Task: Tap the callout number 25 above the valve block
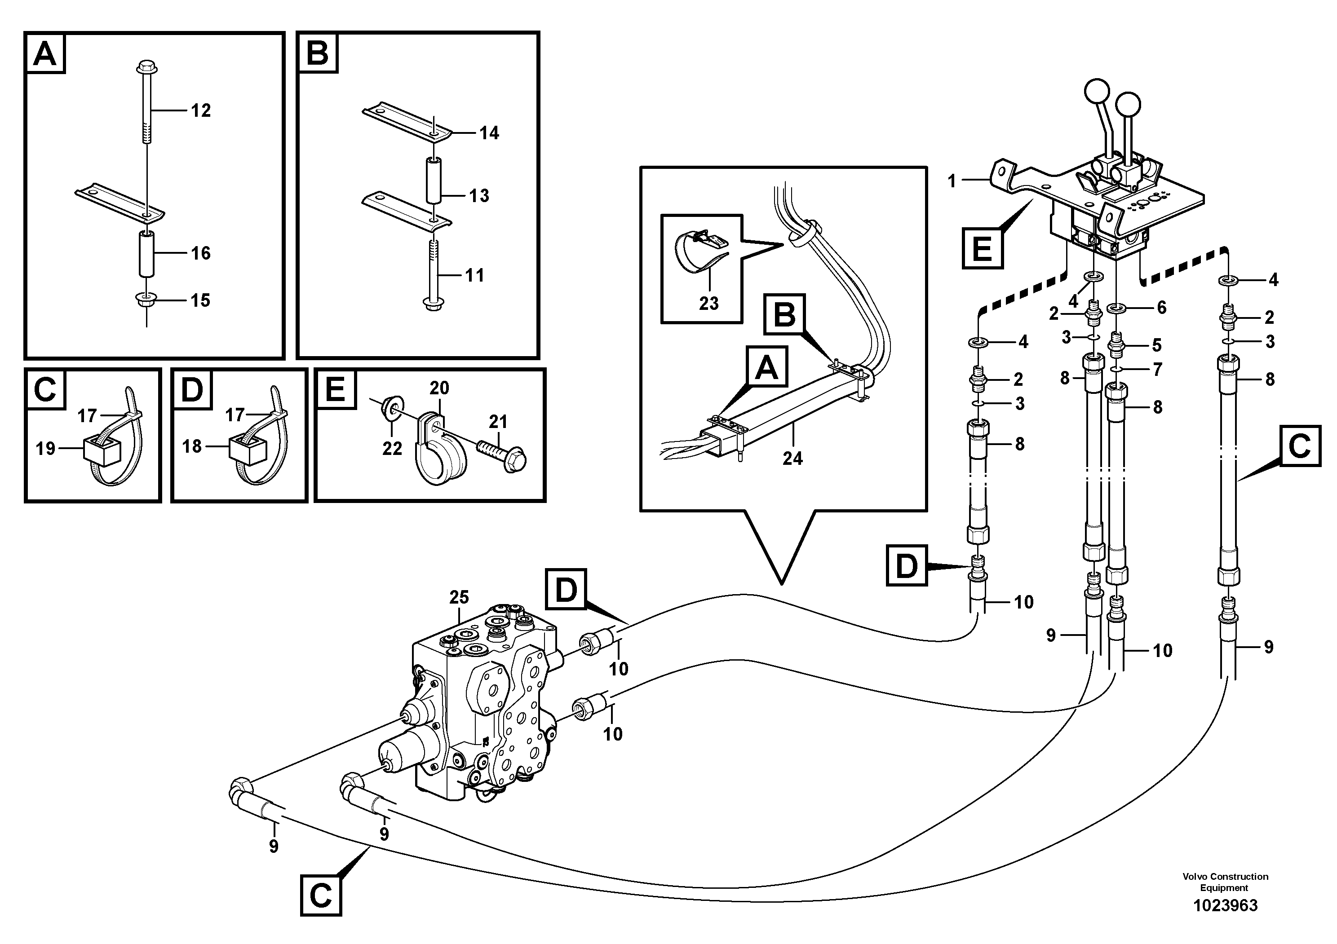(x=460, y=597)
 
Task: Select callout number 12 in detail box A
(x=201, y=110)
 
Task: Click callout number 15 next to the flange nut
(x=201, y=300)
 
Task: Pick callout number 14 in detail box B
(x=489, y=133)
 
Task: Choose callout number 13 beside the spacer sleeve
(x=479, y=195)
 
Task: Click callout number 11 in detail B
(x=474, y=275)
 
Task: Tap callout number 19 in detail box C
(x=45, y=448)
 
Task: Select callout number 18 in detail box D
(x=192, y=446)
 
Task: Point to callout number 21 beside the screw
(x=499, y=421)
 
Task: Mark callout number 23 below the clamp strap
(x=708, y=303)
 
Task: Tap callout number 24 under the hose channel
(x=792, y=459)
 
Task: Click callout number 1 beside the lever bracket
(x=952, y=181)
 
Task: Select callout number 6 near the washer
(x=1162, y=307)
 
